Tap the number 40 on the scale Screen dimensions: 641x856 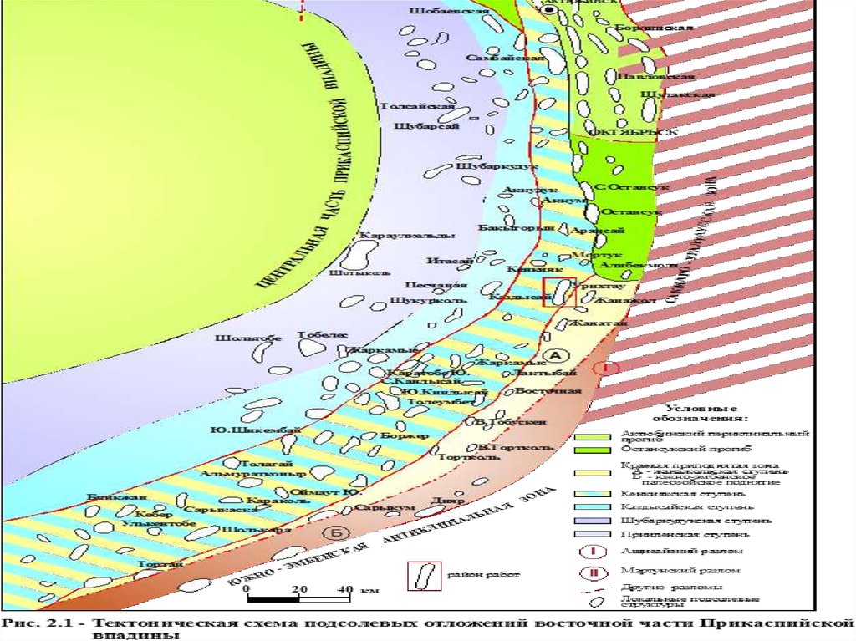click(x=344, y=589)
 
